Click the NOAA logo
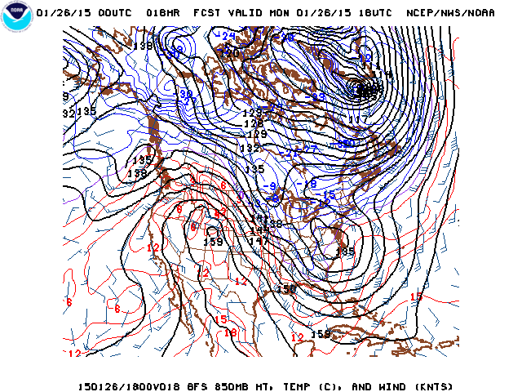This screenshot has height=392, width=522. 15,17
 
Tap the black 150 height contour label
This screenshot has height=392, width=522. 285,289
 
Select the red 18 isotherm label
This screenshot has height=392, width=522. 231,332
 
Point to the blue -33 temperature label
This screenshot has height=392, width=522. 316,96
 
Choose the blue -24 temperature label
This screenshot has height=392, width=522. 226,36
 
